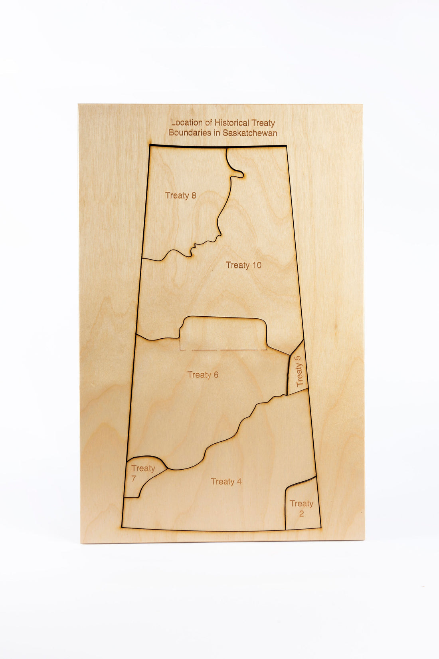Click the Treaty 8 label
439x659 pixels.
pos(180,195)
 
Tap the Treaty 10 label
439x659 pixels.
pos(243,265)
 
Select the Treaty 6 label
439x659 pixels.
pos(203,375)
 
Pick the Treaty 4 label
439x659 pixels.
pos(226,482)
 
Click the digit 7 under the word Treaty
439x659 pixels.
pos(134,478)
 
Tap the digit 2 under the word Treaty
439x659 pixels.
pos(301,513)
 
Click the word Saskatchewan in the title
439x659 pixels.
pos(250,133)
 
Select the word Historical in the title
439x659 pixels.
pos(232,123)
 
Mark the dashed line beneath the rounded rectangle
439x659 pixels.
pos(223,350)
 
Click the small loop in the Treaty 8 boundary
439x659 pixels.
pos(238,173)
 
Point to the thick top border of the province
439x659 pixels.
pos(218,146)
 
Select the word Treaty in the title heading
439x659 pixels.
pos(263,123)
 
